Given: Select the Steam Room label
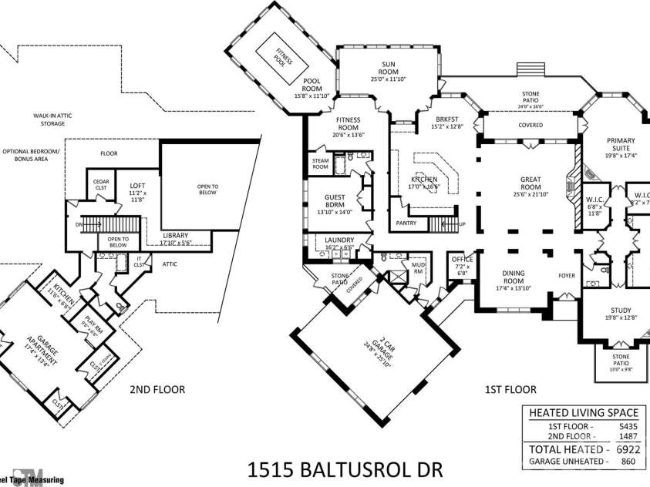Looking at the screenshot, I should (320, 163).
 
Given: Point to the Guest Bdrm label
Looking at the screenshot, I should (335, 201).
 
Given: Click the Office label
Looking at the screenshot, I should (462, 263).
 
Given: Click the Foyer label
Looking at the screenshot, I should (567, 274).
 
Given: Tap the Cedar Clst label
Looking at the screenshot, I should (101, 184).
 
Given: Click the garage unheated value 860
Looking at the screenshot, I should (631, 461).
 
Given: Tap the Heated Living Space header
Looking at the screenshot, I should (582, 412).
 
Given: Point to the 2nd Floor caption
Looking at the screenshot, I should (157, 389).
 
